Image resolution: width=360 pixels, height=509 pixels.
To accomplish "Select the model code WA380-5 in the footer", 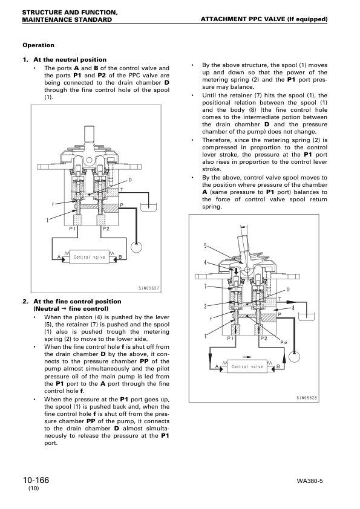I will (312, 481).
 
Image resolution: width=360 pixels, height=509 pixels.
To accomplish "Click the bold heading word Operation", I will (38, 45).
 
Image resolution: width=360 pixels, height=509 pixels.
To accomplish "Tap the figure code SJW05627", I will (147, 288).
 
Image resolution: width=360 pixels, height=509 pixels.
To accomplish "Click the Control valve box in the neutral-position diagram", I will (89, 257).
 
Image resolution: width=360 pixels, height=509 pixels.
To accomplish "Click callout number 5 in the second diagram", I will (206, 245).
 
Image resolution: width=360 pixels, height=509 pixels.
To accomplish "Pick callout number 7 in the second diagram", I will (206, 286).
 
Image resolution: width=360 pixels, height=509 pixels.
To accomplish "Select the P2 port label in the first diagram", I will (106, 229).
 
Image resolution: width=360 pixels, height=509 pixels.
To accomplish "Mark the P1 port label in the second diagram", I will (231, 339).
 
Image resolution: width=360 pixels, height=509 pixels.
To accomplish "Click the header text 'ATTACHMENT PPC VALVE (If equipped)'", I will (264, 19).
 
